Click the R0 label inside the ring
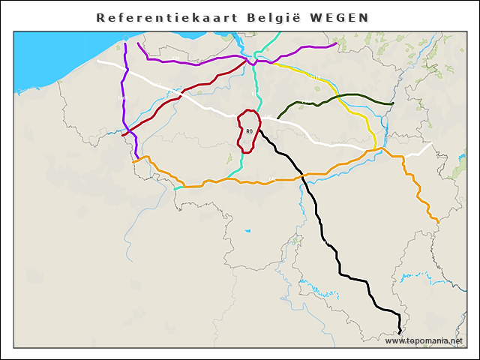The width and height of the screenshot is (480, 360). pyautogui.click(x=249, y=132)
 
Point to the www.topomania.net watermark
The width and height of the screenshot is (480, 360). pyautogui.click(x=424, y=340)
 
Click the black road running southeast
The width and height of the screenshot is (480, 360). pyautogui.click(x=322, y=225)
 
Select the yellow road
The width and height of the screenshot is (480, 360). pyautogui.click(x=352, y=112)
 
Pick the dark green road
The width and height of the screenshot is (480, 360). pyautogui.click(x=345, y=95)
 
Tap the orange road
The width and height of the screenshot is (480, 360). pyautogui.click(x=225, y=180)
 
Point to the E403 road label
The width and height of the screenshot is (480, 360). pyautogui.click(x=121, y=98)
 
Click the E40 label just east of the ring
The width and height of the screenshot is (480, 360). pyautogui.click(x=268, y=115)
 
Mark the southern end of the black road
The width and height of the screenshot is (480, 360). pyautogui.click(x=400, y=331)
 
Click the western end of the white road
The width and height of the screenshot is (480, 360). pyautogui.click(x=98, y=60)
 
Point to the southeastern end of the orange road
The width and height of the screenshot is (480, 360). pyautogui.click(x=437, y=220)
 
